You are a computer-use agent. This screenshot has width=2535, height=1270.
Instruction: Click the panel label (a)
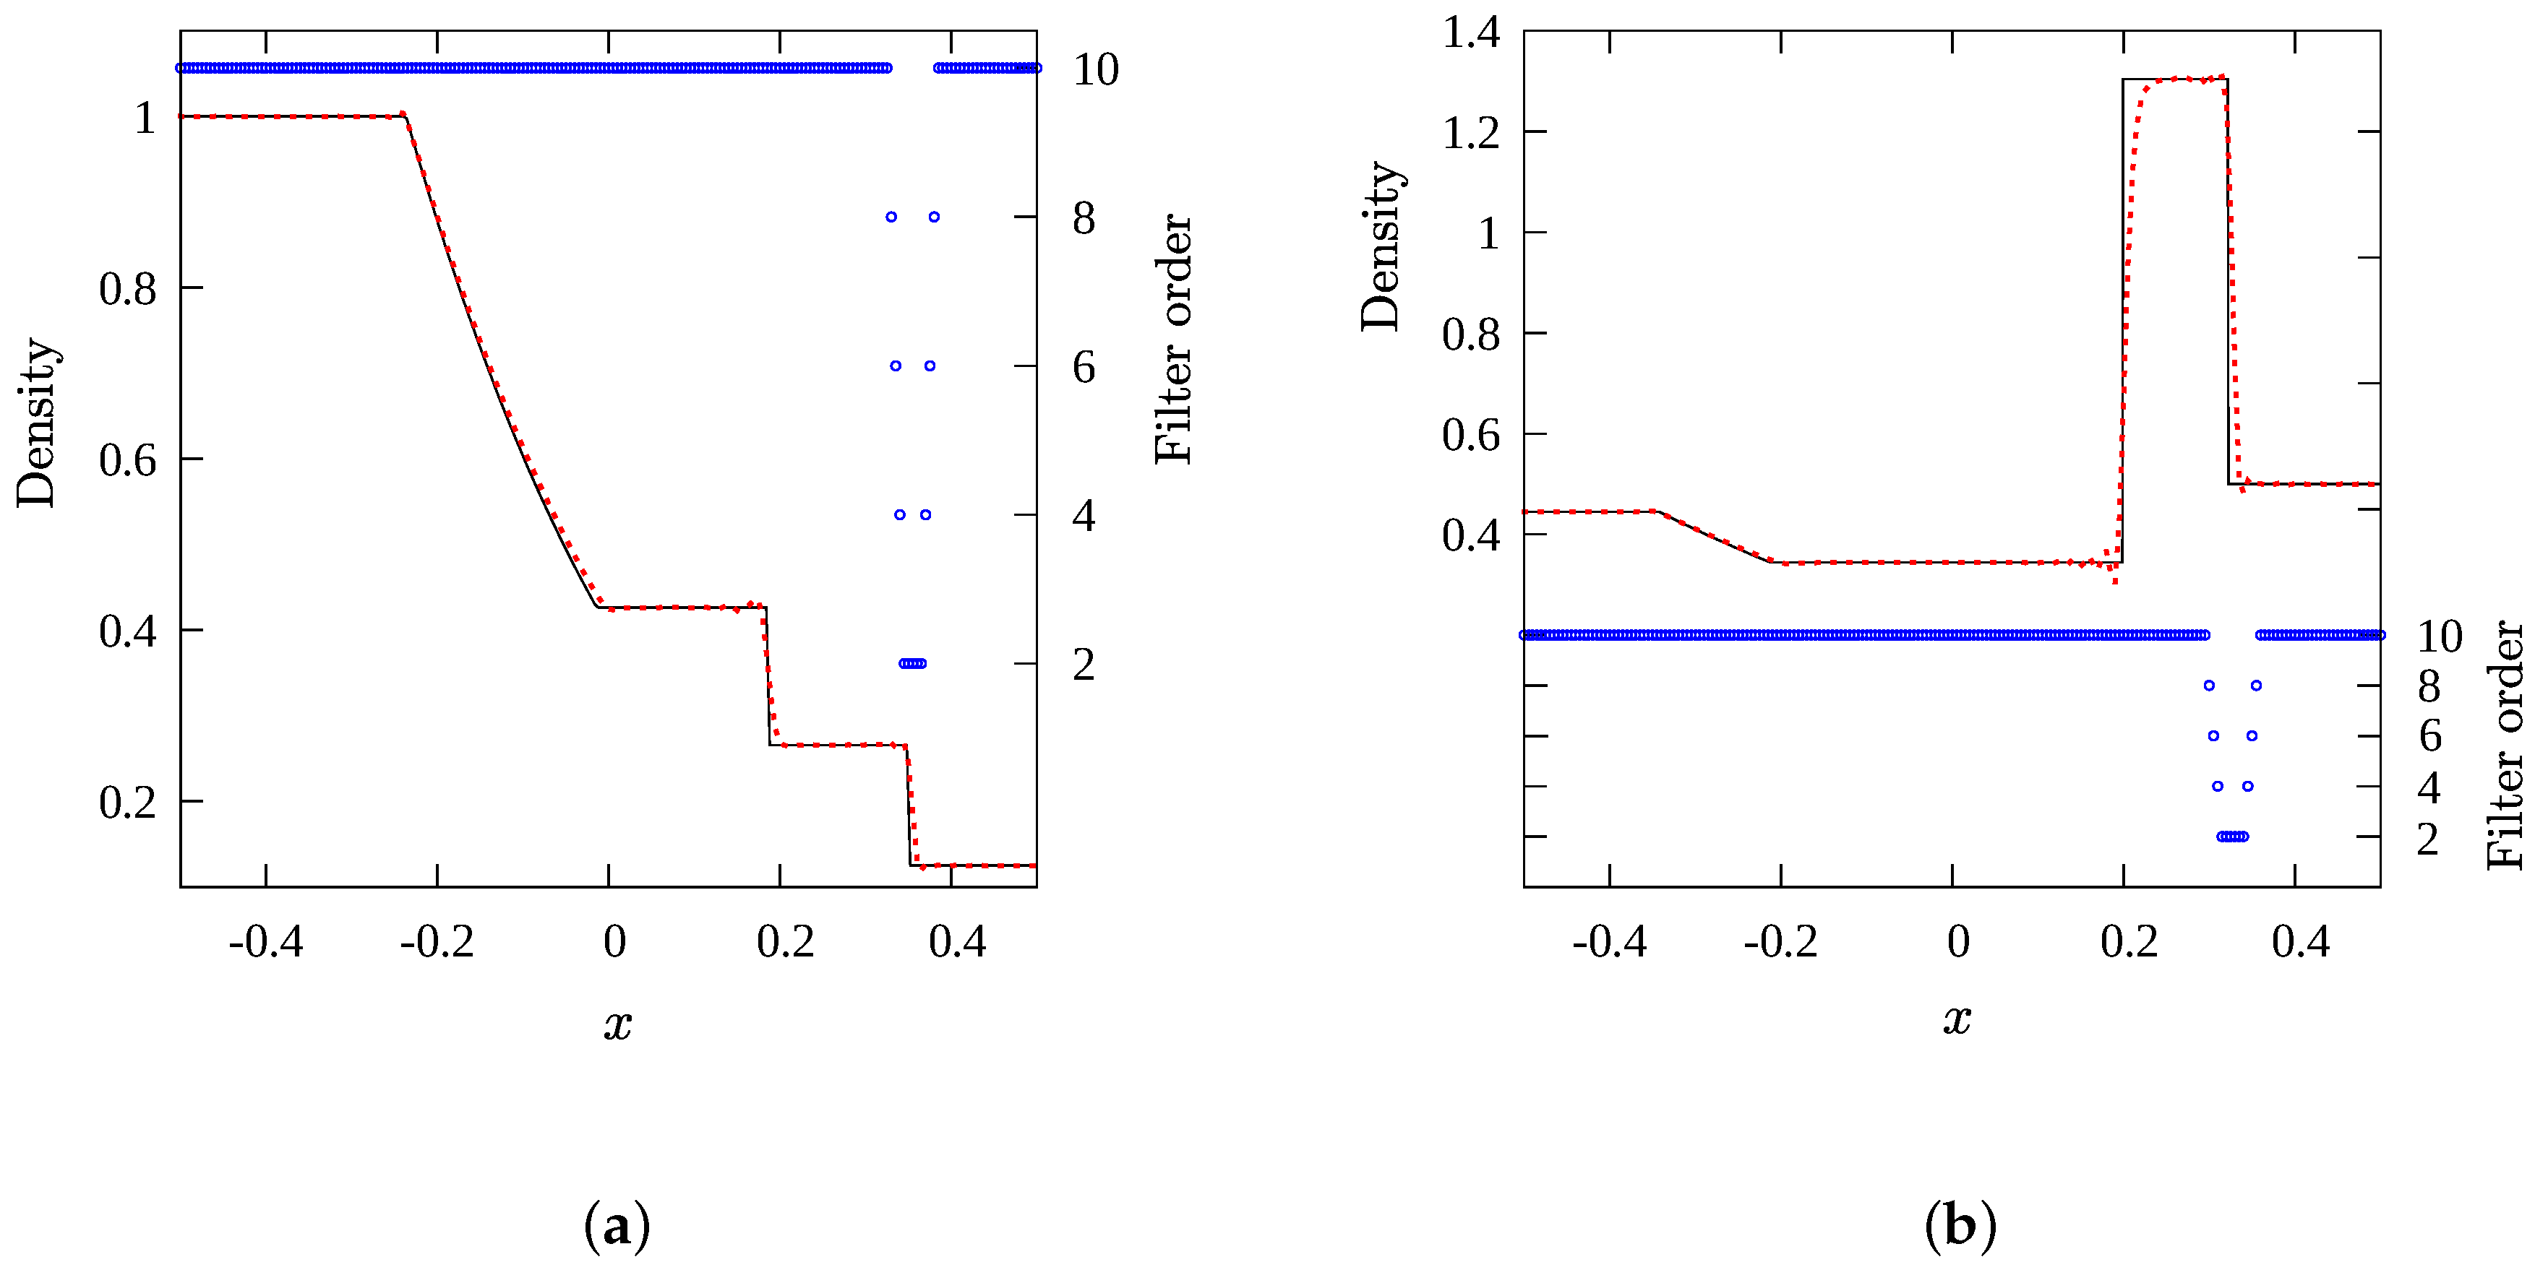click(x=617, y=1227)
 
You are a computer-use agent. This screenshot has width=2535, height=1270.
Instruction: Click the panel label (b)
click(x=1960, y=1227)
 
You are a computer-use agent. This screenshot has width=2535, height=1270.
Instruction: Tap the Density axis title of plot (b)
click(x=1381, y=246)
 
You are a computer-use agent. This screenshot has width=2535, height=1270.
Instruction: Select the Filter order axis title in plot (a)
click(x=1173, y=340)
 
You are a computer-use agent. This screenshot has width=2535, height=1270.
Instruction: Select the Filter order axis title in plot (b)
click(x=2505, y=745)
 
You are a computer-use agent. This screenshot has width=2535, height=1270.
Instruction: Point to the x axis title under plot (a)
click(x=617, y=1024)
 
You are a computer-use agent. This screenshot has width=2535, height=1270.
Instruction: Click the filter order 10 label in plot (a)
click(x=1095, y=70)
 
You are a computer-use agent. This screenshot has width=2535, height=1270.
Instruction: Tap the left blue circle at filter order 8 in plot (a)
click(x=891, y=217)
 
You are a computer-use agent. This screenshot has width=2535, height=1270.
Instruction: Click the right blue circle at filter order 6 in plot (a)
click(x=929, y=366)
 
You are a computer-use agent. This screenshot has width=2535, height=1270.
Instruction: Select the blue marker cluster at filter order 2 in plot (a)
click(x=912, y=663)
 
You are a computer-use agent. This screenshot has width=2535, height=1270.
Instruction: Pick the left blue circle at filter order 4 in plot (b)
click(x=2217, y=786)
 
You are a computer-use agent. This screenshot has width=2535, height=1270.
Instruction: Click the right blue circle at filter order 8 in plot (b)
click(x=2255, y=686)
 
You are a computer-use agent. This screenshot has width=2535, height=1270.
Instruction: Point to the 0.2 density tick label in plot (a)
click(x=127, y=803)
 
